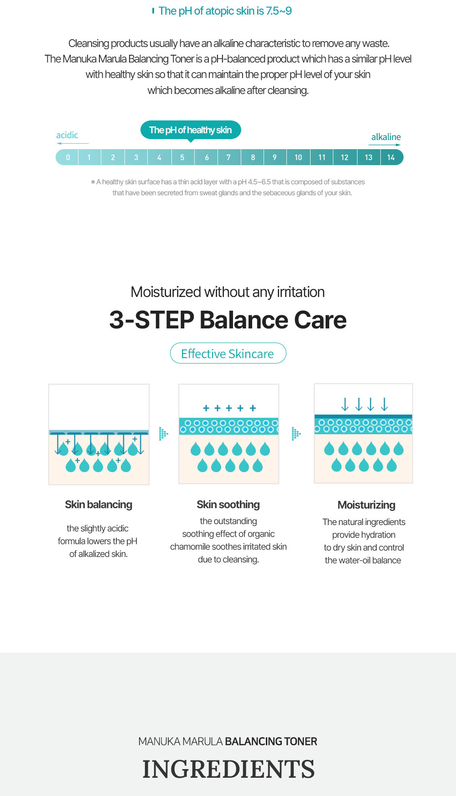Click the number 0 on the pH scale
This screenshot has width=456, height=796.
[x=68, y=157]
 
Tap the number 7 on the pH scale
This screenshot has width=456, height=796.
[x=228, y=157]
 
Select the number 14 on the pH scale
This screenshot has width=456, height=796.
[x=391, y=157]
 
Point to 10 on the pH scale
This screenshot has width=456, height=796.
[x=298, y=157]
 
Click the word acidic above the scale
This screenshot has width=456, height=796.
[x=67, y=135]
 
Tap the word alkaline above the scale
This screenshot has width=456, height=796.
[x=386, y=137]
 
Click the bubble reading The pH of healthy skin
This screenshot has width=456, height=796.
[x=191, y=130]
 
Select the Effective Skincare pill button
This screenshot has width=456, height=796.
[x=228, y=354]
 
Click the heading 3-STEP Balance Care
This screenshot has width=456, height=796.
[x=228, y=320]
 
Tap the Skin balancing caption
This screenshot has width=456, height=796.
[x=98, y=505]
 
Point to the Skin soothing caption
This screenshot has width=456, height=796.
[x=228, y=505]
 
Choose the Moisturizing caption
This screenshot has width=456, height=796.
[x=366, y=505]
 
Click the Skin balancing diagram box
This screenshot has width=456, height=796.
[x=99, y=434]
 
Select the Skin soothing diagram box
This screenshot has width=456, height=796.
[x=229, y=434]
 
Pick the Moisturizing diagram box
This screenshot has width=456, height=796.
[x=363, y=433]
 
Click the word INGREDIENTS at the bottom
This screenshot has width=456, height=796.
[x=228, y=769]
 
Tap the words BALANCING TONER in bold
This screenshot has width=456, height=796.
[x=271, y=741]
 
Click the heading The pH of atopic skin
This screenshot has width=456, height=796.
[x=225, y=11]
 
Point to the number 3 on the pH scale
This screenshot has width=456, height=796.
[x=136, y=157]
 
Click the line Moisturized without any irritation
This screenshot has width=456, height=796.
[x=228, y=292]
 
